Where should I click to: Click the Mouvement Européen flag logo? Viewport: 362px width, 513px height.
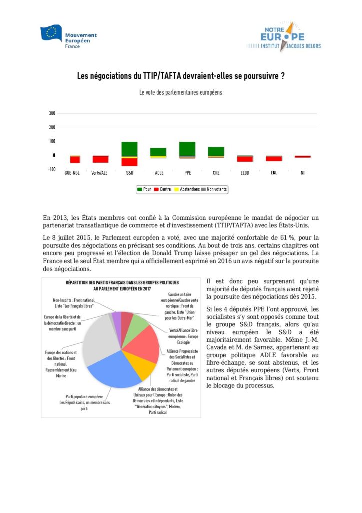(51, 34)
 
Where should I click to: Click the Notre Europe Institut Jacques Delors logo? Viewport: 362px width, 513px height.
(283, 37)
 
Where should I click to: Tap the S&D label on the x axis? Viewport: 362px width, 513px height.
(130, 173)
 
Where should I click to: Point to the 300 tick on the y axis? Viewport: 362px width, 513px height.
(52, 114)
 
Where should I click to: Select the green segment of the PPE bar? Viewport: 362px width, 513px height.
(187, 148)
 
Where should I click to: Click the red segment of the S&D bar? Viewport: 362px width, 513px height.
(130, 162)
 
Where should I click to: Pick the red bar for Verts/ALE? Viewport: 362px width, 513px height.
(101, 159)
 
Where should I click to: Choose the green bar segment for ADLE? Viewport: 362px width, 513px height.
(158, 152)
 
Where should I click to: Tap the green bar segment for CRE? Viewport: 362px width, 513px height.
(216, 151)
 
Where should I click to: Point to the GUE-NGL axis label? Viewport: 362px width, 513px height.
(72, 173)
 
